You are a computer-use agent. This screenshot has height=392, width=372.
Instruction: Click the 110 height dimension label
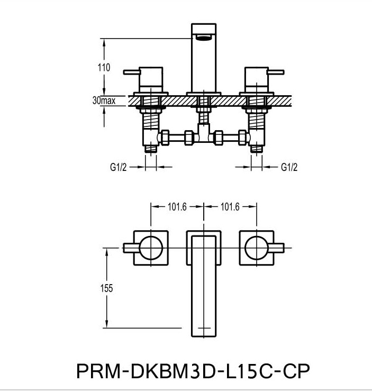(x=104, y=68)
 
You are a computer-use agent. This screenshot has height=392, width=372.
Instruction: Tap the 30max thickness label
(x=104, y=101)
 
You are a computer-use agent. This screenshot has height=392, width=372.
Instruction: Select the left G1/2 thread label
(x=118, y=167)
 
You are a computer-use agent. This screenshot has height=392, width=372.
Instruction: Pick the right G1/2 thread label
(x=289, y=167)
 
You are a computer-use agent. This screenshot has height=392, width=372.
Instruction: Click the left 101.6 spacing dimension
(x=177, y=207)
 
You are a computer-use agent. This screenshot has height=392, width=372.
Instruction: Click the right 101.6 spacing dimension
(x=230, y=207)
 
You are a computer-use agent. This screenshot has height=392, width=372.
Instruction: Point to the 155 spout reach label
(x=106, y=288)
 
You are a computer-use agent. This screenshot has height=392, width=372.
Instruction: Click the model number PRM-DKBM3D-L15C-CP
(x=193, y=371)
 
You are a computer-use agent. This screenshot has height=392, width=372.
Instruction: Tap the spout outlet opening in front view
(x=204, y=38)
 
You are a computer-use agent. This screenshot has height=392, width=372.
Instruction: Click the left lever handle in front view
(x=132, y=72)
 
